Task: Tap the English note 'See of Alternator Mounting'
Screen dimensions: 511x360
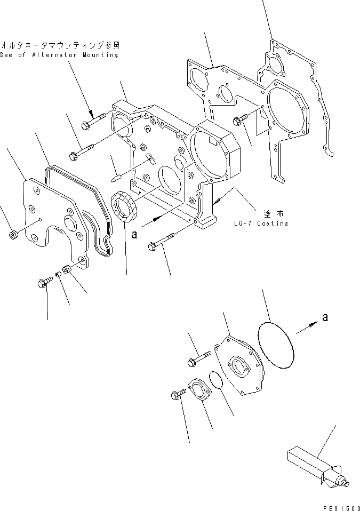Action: (59, 55)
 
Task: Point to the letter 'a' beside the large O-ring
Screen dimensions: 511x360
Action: (325, 318)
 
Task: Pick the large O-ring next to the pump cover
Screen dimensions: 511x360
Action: (276, 345)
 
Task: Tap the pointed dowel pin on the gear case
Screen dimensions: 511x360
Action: (118, 174)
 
